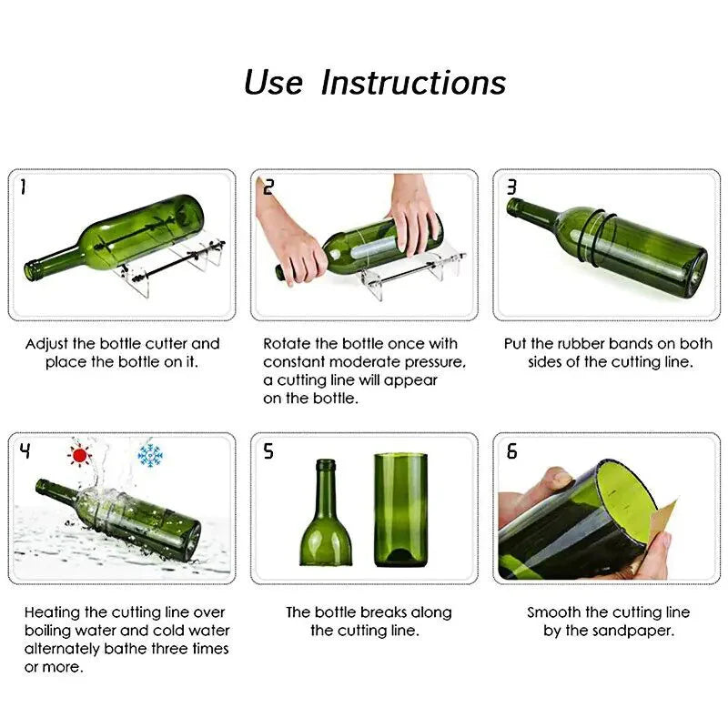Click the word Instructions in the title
(413, 83)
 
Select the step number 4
(25, 450)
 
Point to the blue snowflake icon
(148, 453)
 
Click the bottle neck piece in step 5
(326, 514)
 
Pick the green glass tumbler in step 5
(400, 510)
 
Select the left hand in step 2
(289, 241)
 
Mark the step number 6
(511, 451)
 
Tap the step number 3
(511, 187)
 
